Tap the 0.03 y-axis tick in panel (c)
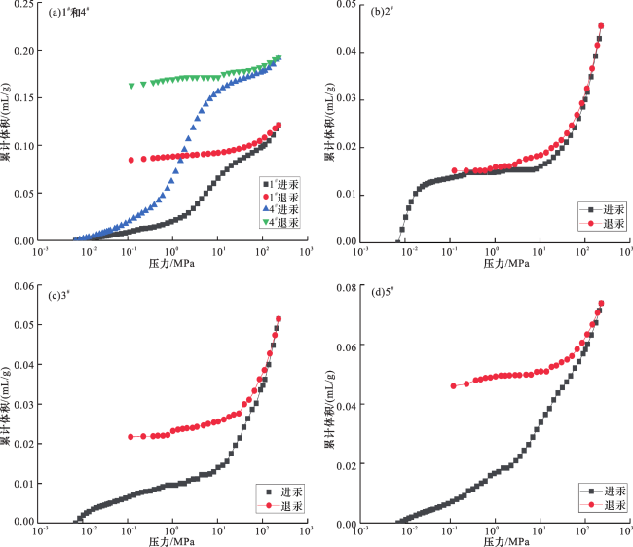pyautogui.click(x=22, y=404)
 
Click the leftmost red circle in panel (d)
pyautogui.click(x=454, y=386)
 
